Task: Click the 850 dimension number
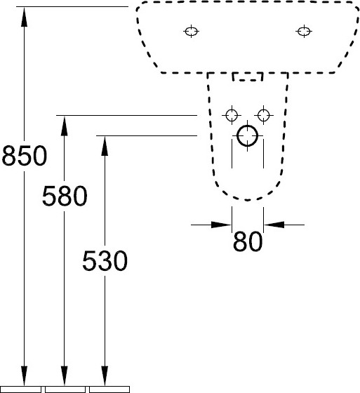(x=25, y=155)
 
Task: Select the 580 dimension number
(x=65, y=196)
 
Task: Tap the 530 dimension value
(x=105, y=260)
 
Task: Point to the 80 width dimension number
(x=248, y=241)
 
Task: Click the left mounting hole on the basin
(x=192, y=32)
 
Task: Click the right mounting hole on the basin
(x=304, y=32)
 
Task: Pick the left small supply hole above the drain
(x=232, y=115)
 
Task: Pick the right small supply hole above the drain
(x=263, y=115)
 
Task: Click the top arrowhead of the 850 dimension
(x=24, y=17)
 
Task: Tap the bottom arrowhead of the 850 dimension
(x=24, y=375)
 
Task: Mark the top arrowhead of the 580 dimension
(x=65, y=126)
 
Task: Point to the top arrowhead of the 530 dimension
(x=105, y=147)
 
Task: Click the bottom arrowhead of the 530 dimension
(x=105, y=375)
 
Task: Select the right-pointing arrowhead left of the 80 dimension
(x=221, y=225)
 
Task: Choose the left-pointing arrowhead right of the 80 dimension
(x=274, y=225)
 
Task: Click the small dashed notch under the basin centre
(x=248, y=76)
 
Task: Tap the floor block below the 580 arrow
(x=65, y=389)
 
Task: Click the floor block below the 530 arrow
(x=109, y=389)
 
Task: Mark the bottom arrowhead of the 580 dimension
(x=65, y=375)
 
